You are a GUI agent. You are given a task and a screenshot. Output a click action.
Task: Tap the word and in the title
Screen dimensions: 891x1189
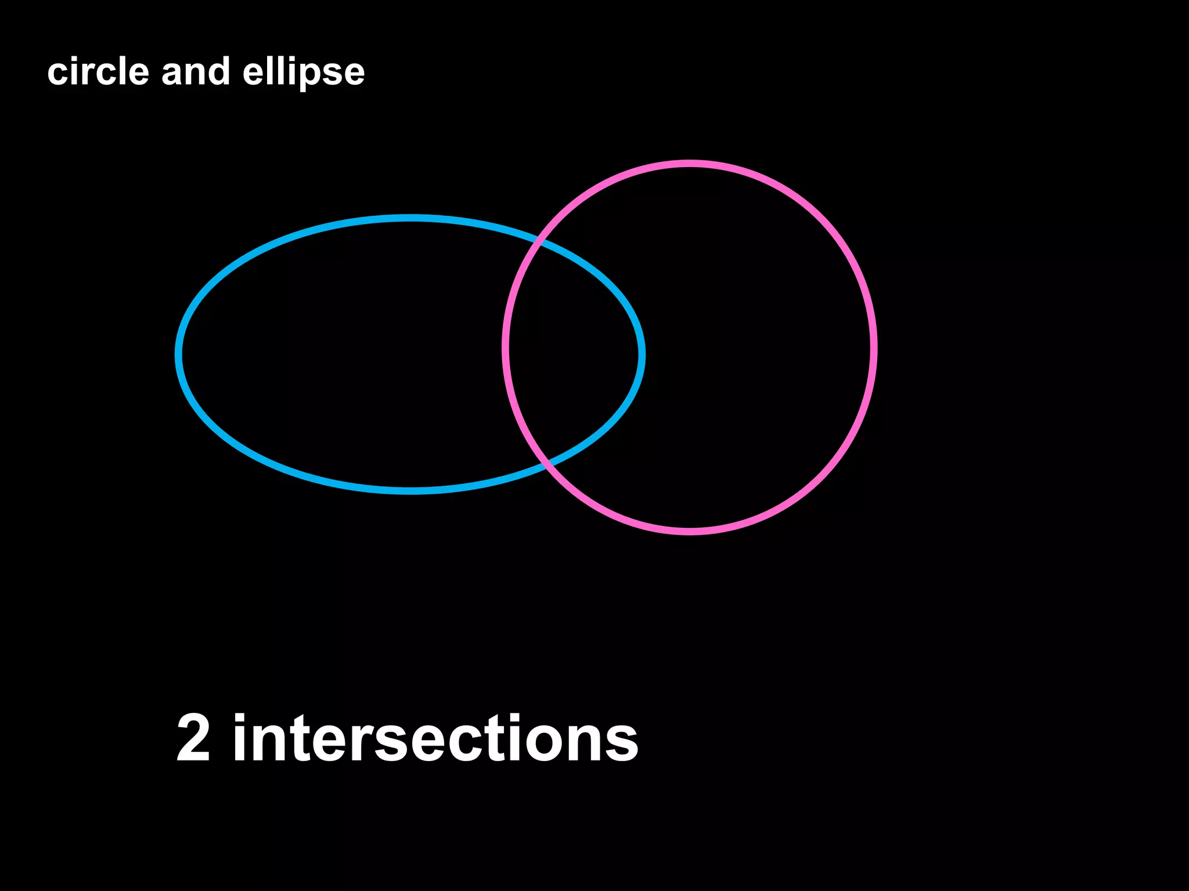pyautogui.click(x=195, y=72)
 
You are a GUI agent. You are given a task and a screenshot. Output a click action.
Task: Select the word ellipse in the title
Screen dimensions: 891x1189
pyautogui.click(x=303, y=72)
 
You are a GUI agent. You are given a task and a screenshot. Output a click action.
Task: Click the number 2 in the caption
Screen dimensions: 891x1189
pyautogui.click(x=193, y=738)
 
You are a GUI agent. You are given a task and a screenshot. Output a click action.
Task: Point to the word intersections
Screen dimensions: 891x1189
pyautogui.click(x=435, y=738)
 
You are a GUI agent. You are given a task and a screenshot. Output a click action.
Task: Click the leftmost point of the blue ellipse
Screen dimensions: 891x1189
pyautogui.click(x=178, y=354)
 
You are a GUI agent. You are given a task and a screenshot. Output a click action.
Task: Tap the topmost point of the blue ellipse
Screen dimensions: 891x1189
pyautogui.click(x=410, y=218)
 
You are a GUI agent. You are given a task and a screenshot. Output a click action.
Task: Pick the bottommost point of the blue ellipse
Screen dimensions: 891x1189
pyautogui.click(x=410, y=491)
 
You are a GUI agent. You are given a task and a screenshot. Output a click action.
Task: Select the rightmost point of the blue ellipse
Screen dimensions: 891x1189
pyautogui.click(x=642, y=354)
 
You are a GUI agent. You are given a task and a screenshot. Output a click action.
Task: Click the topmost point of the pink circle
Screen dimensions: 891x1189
pyautogui.click(x=690, y=164)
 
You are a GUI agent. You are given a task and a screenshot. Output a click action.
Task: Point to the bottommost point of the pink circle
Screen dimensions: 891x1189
pyautogui.click(x=690, y=531)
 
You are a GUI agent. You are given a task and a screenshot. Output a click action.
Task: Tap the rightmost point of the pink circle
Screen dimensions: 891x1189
pyautogui.click(x=874, y=347)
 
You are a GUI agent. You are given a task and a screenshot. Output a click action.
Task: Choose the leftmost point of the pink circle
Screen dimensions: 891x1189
pyautogui.click(x=506, y=347)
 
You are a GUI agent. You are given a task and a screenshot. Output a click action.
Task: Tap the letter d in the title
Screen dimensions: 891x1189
pyautogui.click(x=219, y=71)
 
